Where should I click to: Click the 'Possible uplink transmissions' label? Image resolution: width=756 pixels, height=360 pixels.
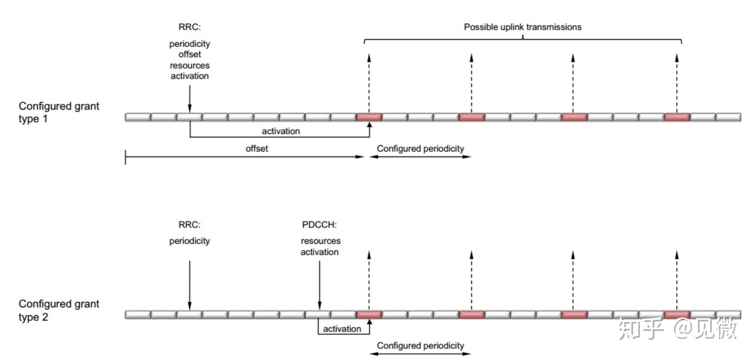point(522,27)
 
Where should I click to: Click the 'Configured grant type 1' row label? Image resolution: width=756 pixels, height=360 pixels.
point(59,112)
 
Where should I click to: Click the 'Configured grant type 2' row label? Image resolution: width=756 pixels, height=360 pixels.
point(59,310)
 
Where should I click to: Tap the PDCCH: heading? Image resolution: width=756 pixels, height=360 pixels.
point(319,225)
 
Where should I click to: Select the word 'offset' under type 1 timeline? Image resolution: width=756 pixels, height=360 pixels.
point(256,149)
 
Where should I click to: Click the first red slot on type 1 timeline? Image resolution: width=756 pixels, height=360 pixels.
point(369,117)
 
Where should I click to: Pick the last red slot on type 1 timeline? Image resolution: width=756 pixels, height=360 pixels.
point(677,117)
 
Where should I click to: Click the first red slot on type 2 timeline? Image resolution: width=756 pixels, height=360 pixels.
point(369,315)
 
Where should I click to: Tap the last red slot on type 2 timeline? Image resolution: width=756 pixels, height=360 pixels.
point(677,315)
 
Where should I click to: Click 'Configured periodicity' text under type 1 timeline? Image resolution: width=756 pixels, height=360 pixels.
point(420,149)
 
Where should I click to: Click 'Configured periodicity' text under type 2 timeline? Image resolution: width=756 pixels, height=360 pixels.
point(420,345)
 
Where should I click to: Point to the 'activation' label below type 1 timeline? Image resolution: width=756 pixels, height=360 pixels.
point(280,131)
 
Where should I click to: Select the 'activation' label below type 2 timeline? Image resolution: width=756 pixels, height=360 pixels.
point(342,329)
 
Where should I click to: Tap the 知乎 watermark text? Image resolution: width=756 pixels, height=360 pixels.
point(640,329)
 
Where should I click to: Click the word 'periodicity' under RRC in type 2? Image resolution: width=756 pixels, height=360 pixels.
point(189,241)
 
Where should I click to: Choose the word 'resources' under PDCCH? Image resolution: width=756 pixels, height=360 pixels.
point(320,241)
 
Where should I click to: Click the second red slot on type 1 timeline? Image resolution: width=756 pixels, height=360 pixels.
point(472,117)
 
